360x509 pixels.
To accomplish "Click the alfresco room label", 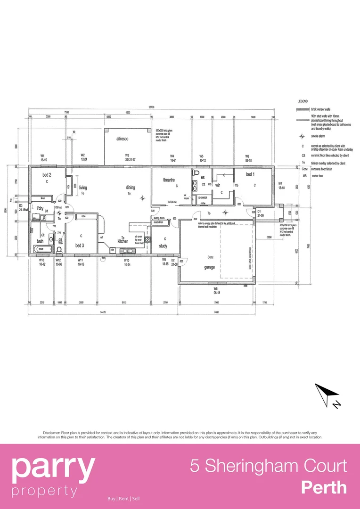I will pos(123,139).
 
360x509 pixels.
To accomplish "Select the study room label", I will pos(163,246).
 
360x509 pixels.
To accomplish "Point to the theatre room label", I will pos(169,180).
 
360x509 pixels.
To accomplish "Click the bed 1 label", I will pos(250,174).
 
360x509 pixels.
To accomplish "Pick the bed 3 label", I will pos(80,245).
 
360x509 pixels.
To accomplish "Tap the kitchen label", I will pos(123,241).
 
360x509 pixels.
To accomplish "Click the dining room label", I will pos(130,187).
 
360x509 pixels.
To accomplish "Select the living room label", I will pos(83,187).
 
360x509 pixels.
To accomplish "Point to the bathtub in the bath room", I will pos(45,248).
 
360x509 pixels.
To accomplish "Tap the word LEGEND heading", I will pos(303,101).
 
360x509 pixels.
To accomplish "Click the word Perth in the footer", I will pos(324,487).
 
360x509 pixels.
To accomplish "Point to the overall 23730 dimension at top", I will pos(151,107).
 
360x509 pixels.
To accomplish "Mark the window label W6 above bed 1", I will pos(247,156).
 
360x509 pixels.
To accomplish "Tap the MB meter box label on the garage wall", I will pos(245,286).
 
